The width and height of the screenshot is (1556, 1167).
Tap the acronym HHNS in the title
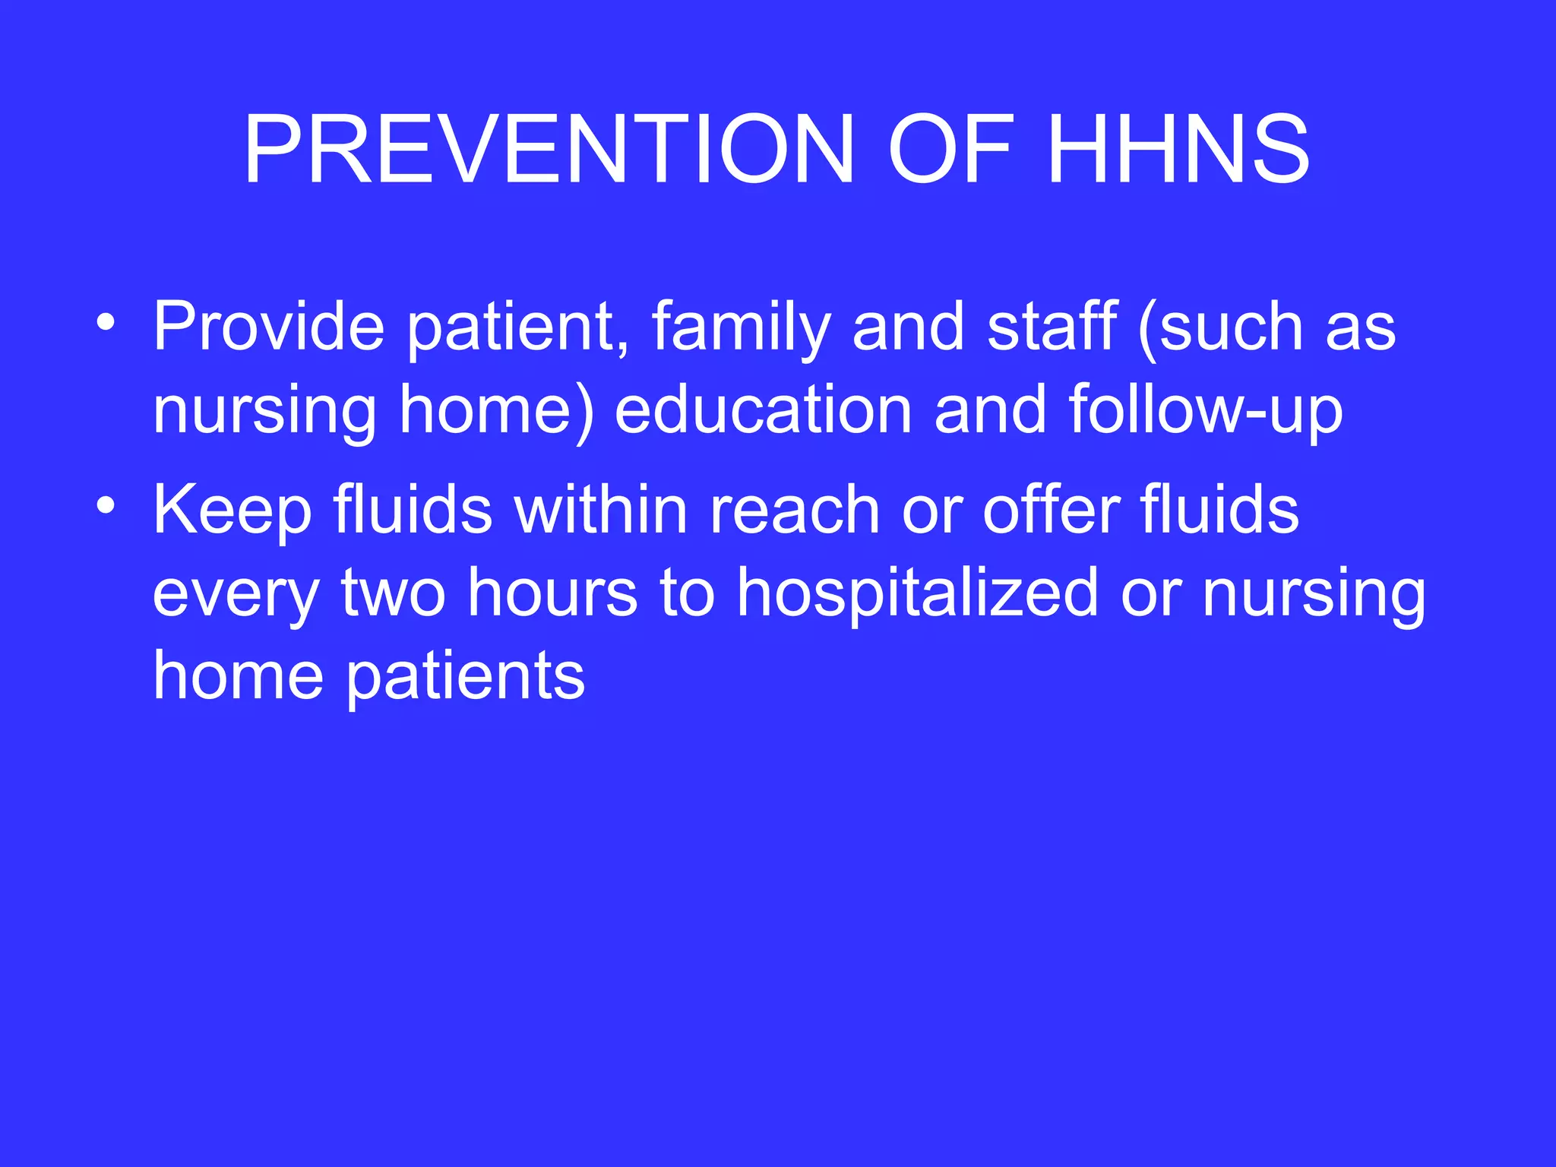(x=1178, y=150)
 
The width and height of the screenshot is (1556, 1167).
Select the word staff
(x=1052, y=327)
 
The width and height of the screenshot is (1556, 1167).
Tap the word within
(x=600, y=509)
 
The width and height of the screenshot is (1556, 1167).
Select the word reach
(x=795, y=509)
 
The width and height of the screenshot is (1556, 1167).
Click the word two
(x=393, y=593)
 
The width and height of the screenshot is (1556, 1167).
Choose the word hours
(x=552, y=593)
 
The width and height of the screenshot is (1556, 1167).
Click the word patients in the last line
(x=465, y=676)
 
